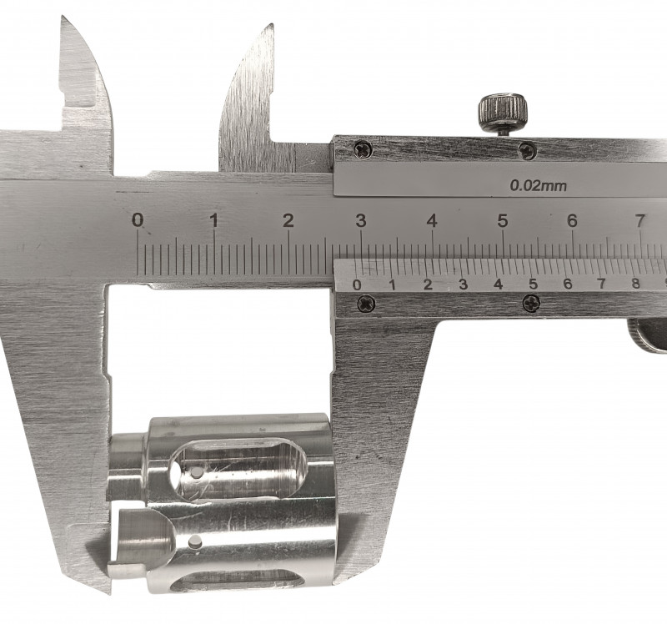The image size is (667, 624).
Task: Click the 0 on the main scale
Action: click(138, 220)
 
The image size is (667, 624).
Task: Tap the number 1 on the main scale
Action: click(214, 220)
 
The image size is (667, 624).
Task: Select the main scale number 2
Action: click(288, 220)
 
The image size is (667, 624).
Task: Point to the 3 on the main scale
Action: click(361, 220)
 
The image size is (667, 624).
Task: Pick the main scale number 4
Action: click(432, 220)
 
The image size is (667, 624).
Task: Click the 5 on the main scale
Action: click(503, 220)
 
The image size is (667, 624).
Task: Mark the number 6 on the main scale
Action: click(573, 220)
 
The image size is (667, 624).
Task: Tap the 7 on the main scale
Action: click(640, 220)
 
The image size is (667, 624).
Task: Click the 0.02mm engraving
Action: click(539, 185)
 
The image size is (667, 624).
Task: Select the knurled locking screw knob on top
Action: click(504, 112)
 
